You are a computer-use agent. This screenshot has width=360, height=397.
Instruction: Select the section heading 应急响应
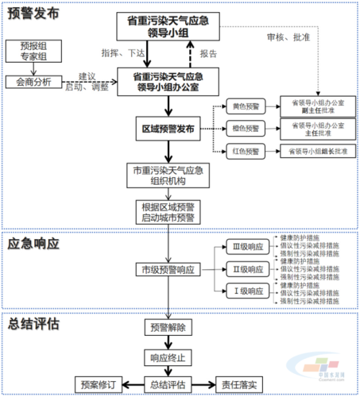(x=33, y=245)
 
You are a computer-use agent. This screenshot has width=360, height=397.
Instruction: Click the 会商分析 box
(x=33, y=81)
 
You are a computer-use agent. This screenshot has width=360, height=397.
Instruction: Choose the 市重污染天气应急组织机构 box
(x=166, y=174)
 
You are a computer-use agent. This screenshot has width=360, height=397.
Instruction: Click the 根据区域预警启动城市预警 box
(x=166, y=211)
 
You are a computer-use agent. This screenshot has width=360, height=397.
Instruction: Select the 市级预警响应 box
(x=166, y=270)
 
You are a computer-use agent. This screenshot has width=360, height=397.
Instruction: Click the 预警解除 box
(x=166, y=326)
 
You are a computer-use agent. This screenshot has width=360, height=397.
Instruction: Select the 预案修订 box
(x=98, y=384)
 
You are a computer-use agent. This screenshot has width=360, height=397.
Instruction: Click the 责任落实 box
(x=239, y=384)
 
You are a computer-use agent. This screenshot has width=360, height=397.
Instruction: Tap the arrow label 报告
(x=208, y=53)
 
